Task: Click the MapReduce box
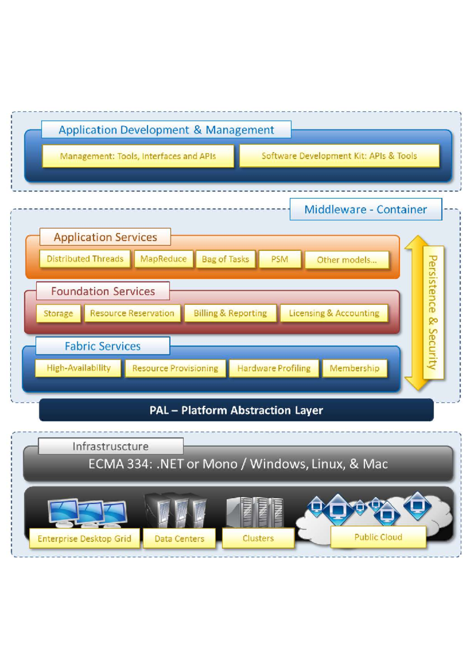pos(164,259)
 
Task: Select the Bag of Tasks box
pos(226,259)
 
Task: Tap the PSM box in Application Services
pos(280,259)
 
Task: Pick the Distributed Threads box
pos(85,259)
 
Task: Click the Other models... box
pos(347,260)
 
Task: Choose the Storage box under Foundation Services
pos(58,313)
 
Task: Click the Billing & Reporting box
pos(230,313)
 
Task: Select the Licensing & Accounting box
pos(334,313)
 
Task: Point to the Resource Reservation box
pos(132,313)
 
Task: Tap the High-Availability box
pos(78,368)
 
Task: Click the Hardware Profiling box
pos(274,368)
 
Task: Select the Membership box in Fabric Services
pos(354,368)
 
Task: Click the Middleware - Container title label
pos(366,209)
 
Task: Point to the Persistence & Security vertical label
pos(433,312)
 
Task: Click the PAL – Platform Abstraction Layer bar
pos(236,410)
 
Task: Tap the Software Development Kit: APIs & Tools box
pos(339,156)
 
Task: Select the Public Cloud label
pos(378,537)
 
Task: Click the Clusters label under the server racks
pos(258,538)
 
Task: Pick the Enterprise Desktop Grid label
pos(85,539)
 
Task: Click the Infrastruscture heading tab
pos(111,446)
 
